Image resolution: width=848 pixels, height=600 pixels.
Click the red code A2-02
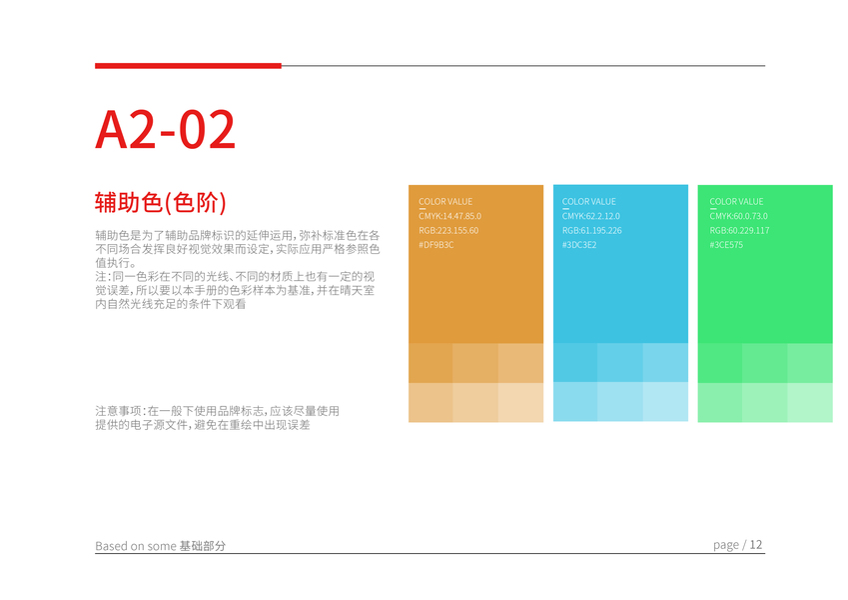pyautogui.click(x=166, y=129)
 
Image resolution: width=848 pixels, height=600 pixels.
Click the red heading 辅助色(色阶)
pyautogui.click(x=161, y=203)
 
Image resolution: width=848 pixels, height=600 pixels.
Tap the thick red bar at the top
pyautogui.click(x=188, y=66)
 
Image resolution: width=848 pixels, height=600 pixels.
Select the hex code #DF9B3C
pyautogui.click(x=435, y=245)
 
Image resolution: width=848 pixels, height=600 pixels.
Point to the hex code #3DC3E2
pyautogui.click(x=579, y=245)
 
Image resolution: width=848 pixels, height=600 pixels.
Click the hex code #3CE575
pyautogui.click(x=726, y=245)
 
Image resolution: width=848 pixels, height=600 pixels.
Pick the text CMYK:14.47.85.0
pyautogui.click(x=449, y=216)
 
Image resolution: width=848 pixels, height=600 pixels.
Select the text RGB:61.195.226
pyautogui.click(x=592, y=230)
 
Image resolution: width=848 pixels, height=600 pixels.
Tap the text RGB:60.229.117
pyautogui.click(x=739, y=230)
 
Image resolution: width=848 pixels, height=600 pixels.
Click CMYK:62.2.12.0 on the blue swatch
pyautogui.click(x=591, y=216)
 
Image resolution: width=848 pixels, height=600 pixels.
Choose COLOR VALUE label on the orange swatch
pyautogui.click(x=445, y=201)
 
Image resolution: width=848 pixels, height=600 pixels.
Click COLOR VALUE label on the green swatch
pyautogui.click(x=736, y=201)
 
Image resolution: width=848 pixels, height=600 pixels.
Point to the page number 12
pyautogui.click(x=756, y=544)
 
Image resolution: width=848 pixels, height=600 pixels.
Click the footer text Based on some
pyautogui.click(x=136, y=546)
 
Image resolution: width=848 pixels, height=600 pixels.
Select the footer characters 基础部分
pyautogui.click(x=203, y=546)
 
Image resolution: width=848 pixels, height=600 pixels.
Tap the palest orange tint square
pyautogui.click(x=520, y=402)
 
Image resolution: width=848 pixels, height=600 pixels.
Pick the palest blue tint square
pyautogui.click(x=665, y=402)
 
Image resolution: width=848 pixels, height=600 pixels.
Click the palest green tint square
pyautogui.click(x=810, y=402)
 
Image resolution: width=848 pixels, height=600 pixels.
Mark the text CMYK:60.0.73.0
pyautogui.click(x=739, y=216)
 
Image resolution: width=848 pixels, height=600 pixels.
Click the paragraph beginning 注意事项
pyautogui.click(x=218, y=418)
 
